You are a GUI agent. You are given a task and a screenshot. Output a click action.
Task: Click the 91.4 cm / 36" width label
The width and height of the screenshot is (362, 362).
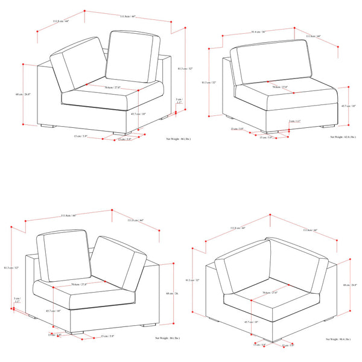tap(258, 32)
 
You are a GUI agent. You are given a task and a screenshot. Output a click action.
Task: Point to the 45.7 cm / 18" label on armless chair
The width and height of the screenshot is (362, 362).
tap(348, 106)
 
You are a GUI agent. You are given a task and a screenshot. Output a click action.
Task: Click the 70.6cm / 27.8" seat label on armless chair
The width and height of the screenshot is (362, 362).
tap(279, 87)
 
